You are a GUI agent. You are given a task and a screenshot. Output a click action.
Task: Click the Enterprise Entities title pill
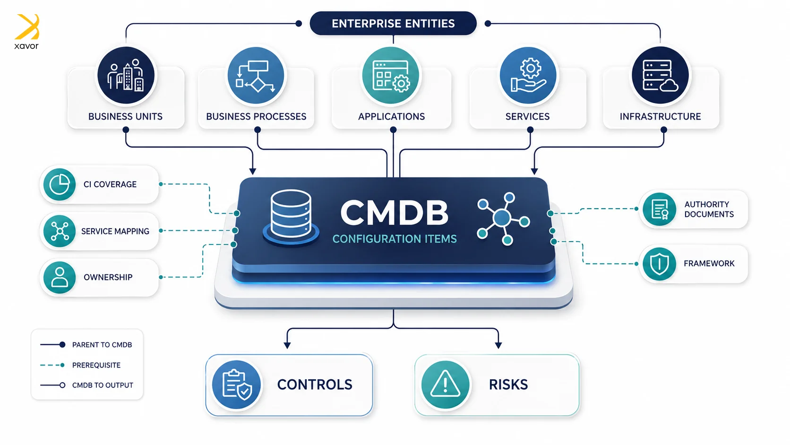[x=393, y=23]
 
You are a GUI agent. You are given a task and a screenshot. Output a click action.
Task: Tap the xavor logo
[x=27, y=31]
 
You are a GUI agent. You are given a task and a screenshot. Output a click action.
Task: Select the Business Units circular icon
[x=126, y=75]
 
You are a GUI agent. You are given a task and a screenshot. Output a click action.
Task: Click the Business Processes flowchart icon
[x=256, y=75]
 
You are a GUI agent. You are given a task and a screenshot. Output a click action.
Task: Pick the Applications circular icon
[x=391, y=75]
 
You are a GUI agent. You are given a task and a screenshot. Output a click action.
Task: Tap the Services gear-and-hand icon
[x=528, y=75]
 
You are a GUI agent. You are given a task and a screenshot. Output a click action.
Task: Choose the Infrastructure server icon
[x=660, y=75]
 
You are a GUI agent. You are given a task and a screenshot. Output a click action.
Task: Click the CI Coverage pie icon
[x=59, y=184]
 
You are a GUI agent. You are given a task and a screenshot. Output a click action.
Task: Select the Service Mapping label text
[x=115, y=231]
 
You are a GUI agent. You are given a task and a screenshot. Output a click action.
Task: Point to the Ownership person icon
[x=59, y=278]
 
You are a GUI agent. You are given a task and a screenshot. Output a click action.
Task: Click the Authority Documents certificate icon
[x=659, y=209]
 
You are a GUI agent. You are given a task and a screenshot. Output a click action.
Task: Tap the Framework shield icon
[x=659, y=263]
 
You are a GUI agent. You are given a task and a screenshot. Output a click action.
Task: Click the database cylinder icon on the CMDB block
[x=291, y=217]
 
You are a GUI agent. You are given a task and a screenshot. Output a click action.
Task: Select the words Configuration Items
[x=395, y=239]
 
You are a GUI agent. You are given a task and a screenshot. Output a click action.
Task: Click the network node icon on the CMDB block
[x=503, y=218]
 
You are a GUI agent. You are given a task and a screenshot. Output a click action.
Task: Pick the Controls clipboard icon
[x=236, y=384]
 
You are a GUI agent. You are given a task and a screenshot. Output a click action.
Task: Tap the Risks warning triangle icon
[x=445, y=384]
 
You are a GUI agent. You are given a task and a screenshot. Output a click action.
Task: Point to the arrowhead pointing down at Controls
[x=287, y=345]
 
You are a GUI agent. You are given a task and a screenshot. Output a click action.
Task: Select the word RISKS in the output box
[x=508, y=384]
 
